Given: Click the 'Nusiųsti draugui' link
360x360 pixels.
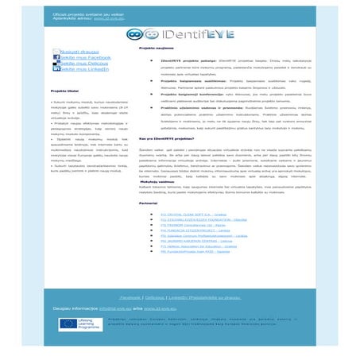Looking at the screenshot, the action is [x=79, y=51].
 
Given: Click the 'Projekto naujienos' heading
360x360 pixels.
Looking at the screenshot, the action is [x=156, y=48].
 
